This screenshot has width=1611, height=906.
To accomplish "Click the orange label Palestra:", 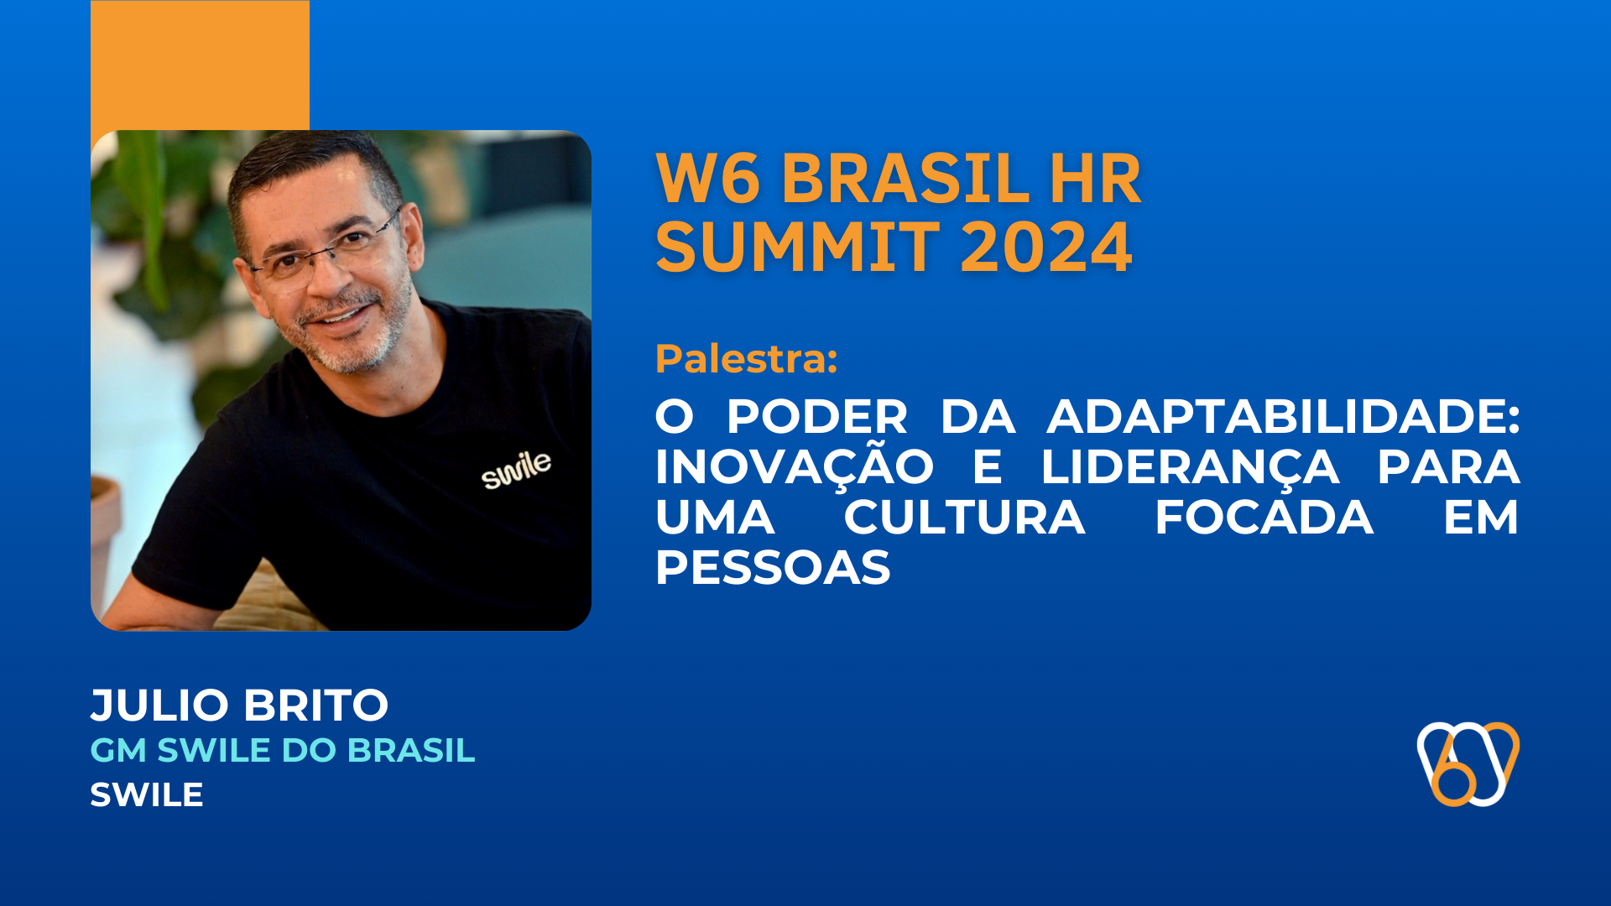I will point(746,359).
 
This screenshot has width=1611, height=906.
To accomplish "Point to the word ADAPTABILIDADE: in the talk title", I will point(1283,416).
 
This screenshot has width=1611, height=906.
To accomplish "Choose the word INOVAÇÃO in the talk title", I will point(794,467).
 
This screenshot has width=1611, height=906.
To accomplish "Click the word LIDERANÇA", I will point(1189,467).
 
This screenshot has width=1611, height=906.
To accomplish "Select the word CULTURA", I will point(964,517).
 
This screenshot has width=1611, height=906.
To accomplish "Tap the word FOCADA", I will point(1264,517).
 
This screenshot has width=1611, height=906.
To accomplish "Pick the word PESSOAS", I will point(772,568).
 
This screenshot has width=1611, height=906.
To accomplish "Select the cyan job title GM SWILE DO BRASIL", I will point(282,750).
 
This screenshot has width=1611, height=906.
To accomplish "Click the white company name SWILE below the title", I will point(147,794).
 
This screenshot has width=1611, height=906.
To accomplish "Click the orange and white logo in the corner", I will point(1468,763).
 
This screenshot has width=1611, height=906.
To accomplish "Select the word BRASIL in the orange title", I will point(905,179).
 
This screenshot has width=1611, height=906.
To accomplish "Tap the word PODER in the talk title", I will point(816,416).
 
